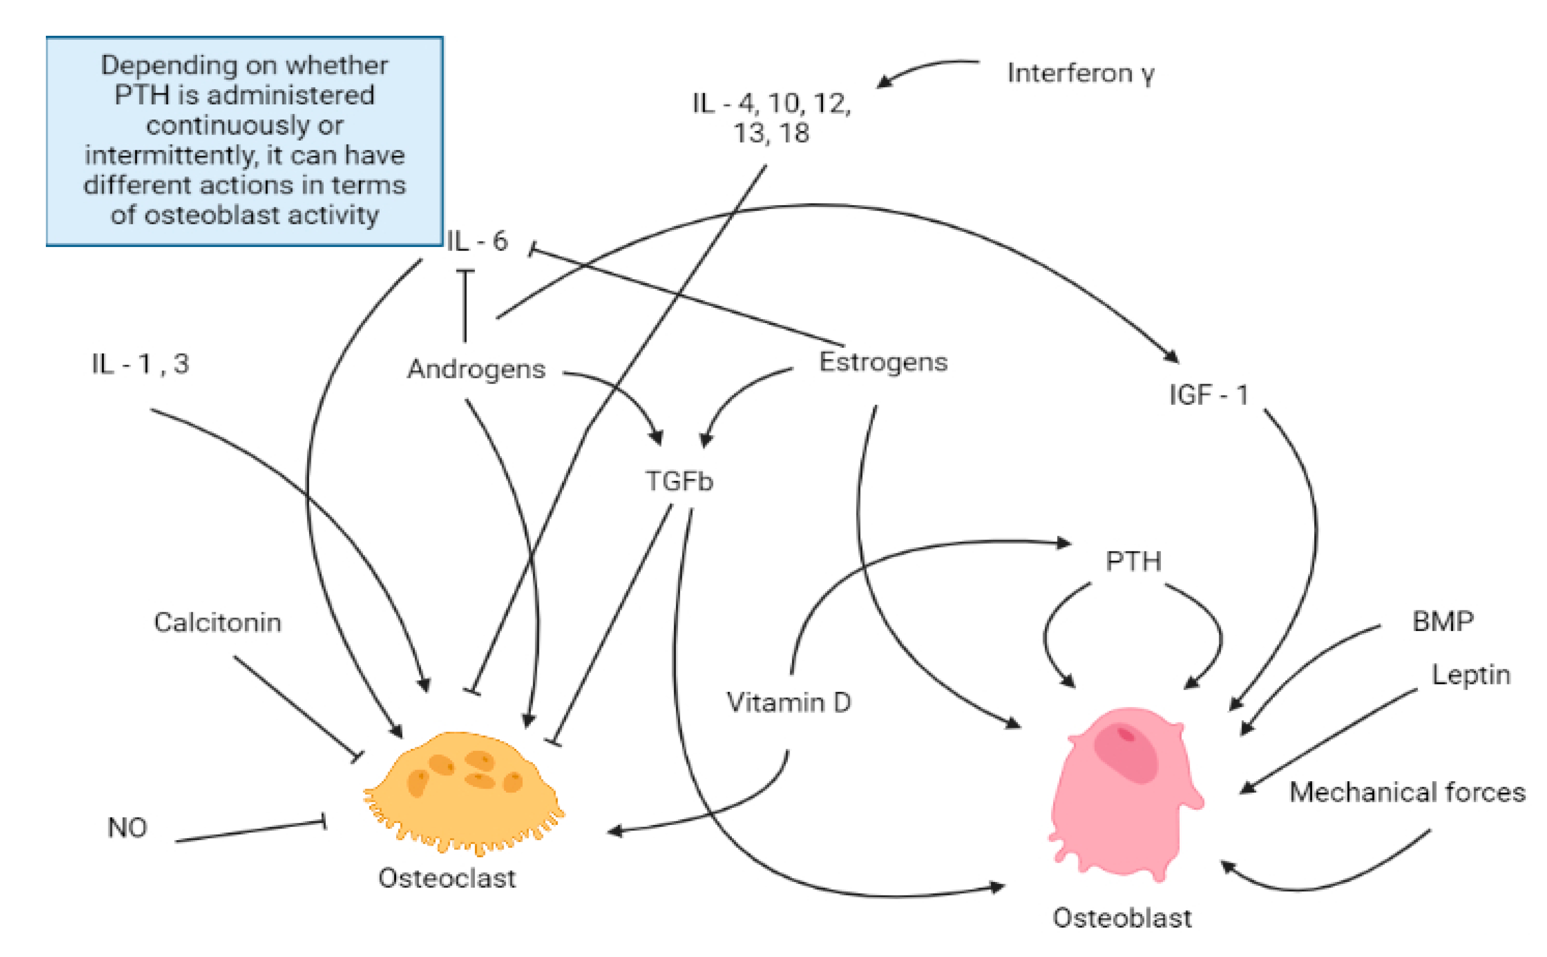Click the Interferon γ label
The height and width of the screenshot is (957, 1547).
(1081, 74)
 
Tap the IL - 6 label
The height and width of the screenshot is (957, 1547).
(477, 241)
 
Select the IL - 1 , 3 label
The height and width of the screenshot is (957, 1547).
(140, 364)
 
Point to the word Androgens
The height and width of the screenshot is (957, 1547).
(476, 369)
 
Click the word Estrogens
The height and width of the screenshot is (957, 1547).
(883, 362)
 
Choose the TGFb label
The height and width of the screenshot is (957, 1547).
(678, 481)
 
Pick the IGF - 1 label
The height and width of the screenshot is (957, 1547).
(1208, 395)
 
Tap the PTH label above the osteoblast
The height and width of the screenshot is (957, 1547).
(1133, 561)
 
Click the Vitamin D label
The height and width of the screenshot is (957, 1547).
(789, 703)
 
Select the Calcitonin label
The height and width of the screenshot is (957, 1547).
(217, 623)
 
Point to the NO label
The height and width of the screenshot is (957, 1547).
(127, 828)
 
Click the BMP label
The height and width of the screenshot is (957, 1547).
(1443, 621)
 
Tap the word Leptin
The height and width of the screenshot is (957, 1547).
(1470, 675)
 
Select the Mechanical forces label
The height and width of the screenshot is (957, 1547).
(1407, 792)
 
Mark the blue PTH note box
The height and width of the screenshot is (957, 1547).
(244, 141)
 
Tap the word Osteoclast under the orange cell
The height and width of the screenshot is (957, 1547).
(447, 878)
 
